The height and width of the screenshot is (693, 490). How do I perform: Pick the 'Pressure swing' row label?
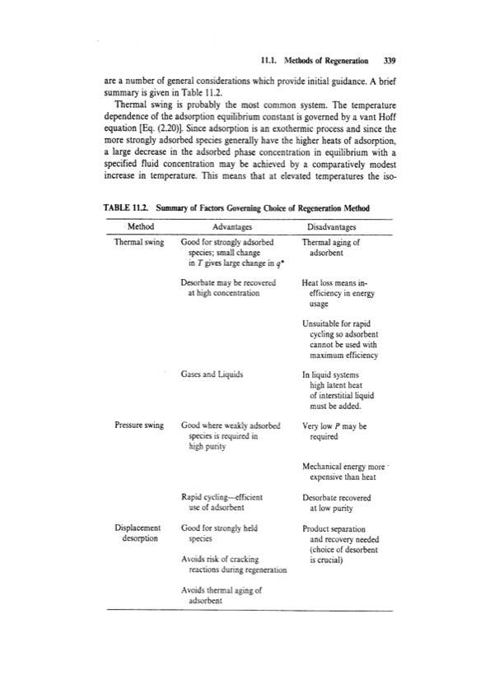click(139, 426)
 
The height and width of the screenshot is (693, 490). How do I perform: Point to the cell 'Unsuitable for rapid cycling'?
click(339, 340)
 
